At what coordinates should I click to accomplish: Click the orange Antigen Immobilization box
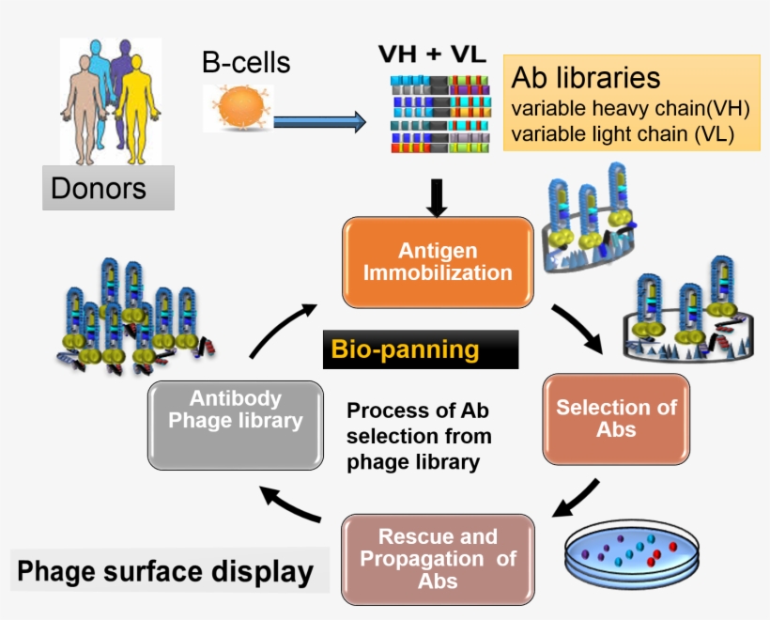pyautogui.click(x=437, y=263)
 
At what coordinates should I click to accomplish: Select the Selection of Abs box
pyautogui.click(x=616, y=419)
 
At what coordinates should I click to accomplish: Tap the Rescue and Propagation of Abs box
pyautogui.click(x=438, y=558)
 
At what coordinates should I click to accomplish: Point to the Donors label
pyautogui.click(x=99, y=188)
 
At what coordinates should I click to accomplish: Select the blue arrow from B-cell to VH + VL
pyautogui.click(x=319, y=121)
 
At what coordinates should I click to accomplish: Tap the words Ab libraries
pyautogui.click(x=585, y=77)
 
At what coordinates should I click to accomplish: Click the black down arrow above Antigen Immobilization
pyautogui.click(x=437, y=197)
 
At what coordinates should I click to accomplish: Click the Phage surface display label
pyautogui.click(x=164, y=572)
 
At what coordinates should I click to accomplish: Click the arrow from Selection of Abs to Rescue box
pyautogui.click(x=577, y=499)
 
